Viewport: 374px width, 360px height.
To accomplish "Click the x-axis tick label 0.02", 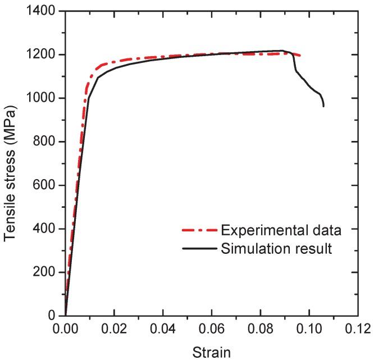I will [x=114, y=328].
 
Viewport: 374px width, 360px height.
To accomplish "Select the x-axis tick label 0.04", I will [x=163, y=328].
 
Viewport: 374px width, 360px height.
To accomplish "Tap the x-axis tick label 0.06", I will [x=212, y=328].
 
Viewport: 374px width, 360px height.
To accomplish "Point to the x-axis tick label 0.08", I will [x=261, y=328].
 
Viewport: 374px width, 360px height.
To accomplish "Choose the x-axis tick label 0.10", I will [x=309, y=328].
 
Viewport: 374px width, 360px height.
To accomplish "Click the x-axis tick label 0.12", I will [x=358, y=328].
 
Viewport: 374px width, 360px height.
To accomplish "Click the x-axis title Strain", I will [x=211, y=352].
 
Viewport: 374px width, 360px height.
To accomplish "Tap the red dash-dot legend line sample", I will [x=199, y=230].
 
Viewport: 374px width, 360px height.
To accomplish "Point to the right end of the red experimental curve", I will [x=301, y=56].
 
